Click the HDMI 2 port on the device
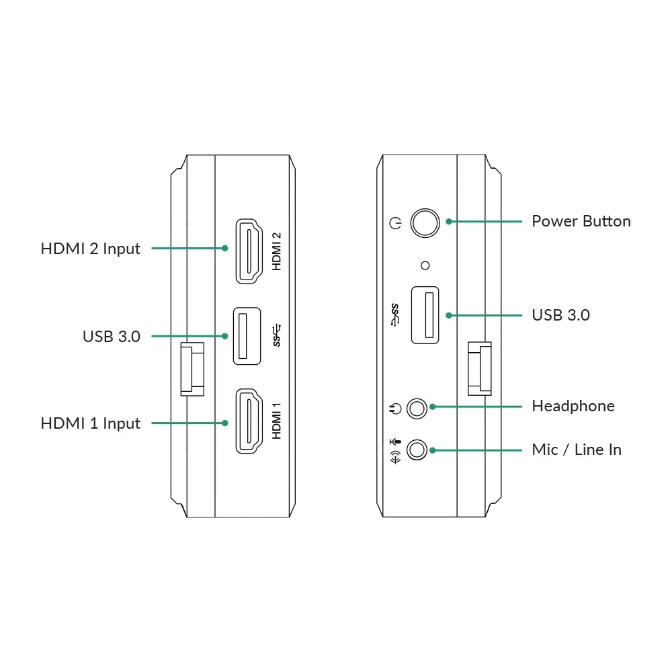[249, 251]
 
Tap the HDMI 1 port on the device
[249, 421]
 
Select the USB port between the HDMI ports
[247, 336]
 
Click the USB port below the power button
[425, 315]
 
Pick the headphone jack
[417, 409]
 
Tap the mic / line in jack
[417, 450]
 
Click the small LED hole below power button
[425, 265]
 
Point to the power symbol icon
[395, 223]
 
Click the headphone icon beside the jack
[395, 409]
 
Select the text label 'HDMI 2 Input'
[91, 249]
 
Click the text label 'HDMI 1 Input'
[91, 423]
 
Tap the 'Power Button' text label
[581, 221]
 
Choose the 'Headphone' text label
[573, 406]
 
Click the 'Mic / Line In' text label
[577, 450]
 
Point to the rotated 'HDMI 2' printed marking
[277, 251]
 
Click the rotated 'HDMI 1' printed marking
[277, 421]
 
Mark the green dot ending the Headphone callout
[433, 407]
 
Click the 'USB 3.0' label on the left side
[112, 337]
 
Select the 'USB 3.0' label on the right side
[560, 315]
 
